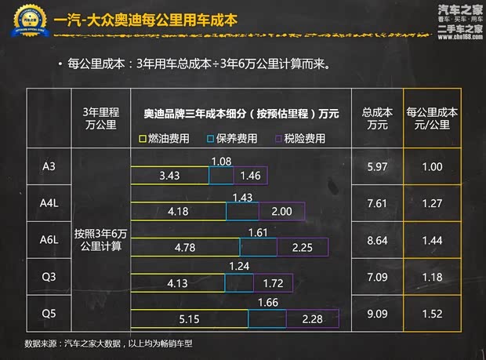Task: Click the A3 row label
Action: point(47,167)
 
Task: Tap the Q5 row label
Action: point(47,313)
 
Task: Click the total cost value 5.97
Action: point(377,167)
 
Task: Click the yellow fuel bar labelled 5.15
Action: point(190,319)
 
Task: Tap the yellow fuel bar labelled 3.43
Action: point(170,175)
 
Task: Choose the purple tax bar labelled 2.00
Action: point(281,212)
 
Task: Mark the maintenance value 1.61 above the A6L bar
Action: point(257,233)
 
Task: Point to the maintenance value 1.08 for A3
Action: point(222,161)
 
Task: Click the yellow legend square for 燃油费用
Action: point(143,139)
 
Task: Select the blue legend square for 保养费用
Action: point(211,139)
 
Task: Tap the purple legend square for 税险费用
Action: point(278,139)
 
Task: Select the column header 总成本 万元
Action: point(377,118)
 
